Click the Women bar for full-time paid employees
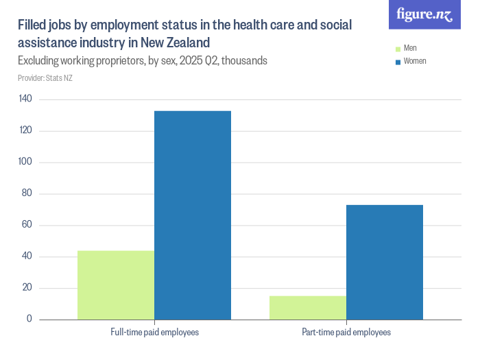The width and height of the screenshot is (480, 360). click(x=193, y=215)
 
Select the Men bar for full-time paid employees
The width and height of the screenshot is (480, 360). click(x=116, y=285)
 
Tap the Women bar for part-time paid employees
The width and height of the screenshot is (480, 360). click(x=385, y=262)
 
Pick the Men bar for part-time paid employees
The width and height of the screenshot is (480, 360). click(x=308, y=307)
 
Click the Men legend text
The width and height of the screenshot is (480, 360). click(x=410, y=49)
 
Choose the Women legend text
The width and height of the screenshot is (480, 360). click(x=415, y=61)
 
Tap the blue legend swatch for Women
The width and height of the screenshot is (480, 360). click(x=397, y=62)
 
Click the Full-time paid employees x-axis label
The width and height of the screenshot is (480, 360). click(x=155, y=333)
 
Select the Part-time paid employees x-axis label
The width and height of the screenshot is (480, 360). click(x=346, y=333)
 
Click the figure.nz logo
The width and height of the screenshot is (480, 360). click(x=424, y=14)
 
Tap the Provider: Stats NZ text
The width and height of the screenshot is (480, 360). click(x=45, y=77)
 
